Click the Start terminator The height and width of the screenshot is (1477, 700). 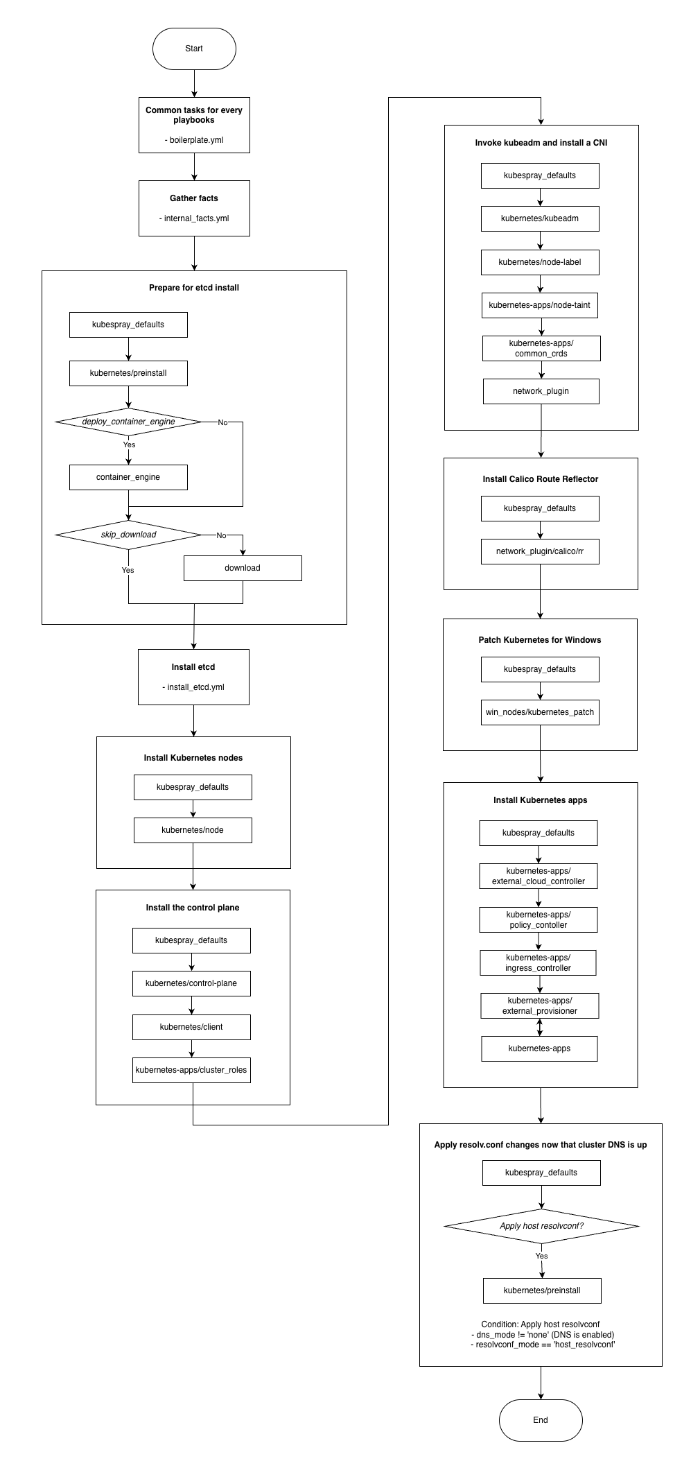(194, 49)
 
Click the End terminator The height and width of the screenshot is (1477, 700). (541, 1420)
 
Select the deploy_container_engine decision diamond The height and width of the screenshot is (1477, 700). (128, 422)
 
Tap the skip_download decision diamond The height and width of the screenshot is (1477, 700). (128, 535)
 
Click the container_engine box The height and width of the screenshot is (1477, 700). (128, 477)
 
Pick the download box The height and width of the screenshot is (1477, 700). (243, 568)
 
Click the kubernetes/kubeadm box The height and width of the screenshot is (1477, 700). (540, 218)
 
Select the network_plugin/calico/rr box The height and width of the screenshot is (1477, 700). (540, 551)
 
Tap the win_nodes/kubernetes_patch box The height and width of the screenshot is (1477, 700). (540, 712)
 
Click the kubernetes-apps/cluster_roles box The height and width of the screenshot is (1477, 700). (191, 1070)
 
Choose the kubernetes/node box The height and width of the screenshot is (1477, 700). (193, 830)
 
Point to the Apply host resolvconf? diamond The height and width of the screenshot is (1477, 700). (541, 1226)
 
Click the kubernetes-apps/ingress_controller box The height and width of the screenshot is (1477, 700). (539, 962)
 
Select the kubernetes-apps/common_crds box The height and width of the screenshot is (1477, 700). (541, 348)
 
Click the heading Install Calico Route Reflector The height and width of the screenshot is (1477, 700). (541, 479)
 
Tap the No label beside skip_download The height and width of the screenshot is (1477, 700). (221, 535)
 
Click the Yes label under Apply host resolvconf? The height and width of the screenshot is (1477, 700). (541, 1256)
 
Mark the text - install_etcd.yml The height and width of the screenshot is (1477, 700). (193, 687)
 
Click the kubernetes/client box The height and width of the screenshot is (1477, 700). (191, 1027)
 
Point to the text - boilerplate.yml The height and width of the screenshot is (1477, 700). (194, 140)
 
